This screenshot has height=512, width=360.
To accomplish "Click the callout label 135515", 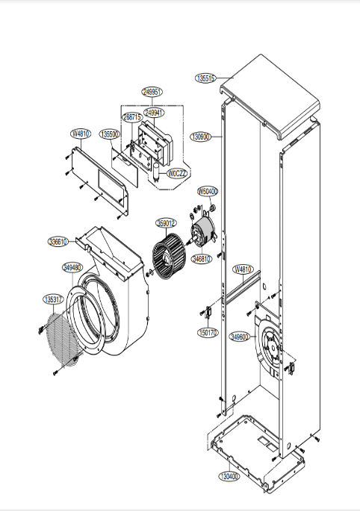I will pyautogui.click(x=205, y=78).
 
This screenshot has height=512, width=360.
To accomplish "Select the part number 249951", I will pyautogui.click(x=152, y=92).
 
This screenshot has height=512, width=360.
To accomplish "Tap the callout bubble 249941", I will pyautogui.click(x=155, y=112).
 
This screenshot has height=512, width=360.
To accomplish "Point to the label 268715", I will pyautogui.click(x=132, y=117).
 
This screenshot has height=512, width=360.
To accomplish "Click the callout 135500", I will pyautogui.click(x=110, y=134).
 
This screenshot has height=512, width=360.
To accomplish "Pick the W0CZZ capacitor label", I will pyautogui.click(x=177, y=173).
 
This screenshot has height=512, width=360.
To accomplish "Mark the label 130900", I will pyautogui.click(x=201, y=137).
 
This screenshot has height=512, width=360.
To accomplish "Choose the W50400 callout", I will pyautogui.click(x=208, y=192).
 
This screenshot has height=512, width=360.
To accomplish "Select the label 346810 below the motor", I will pyautogui.click(x=202, y=259).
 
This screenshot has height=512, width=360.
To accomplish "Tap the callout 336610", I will pyautogui.click(x=58, y=242).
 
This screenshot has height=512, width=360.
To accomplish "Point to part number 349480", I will pyautogui.click(x=72, y=266).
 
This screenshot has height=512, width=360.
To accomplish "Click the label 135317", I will pyautogui.click(x=52, y=299).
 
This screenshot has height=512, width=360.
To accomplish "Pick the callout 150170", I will pyautogui.click(x=208, y=333).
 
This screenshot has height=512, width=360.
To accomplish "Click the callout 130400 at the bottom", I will pyautogui.click(x=229, y=475).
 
